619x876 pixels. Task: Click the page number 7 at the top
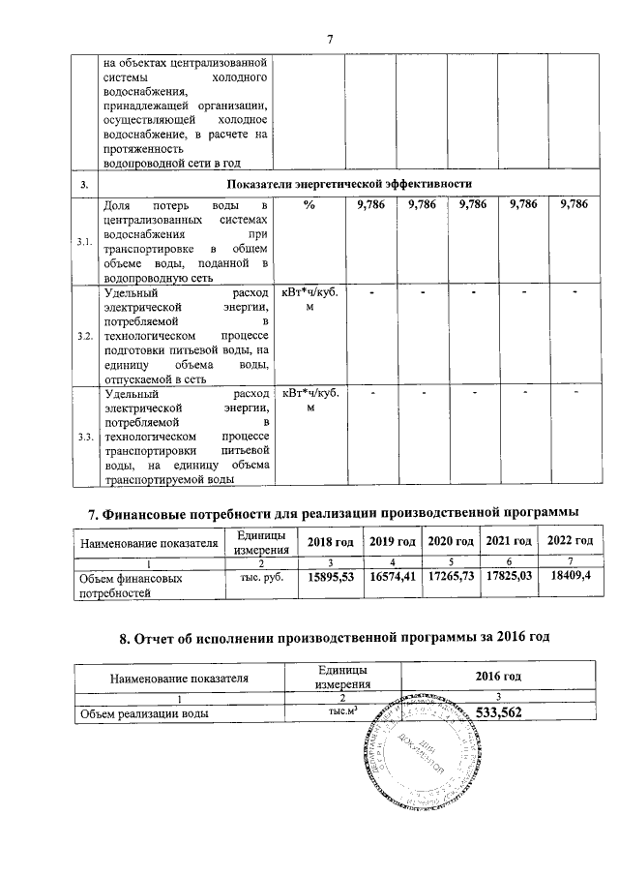tap(330, 39)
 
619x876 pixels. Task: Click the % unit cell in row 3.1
tap(309, 205)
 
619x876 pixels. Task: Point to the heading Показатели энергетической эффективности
tap(349, 183)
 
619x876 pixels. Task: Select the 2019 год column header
tap(392, 541)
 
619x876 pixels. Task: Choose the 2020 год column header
tap(450, 541)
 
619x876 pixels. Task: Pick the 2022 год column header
tap(570, 541)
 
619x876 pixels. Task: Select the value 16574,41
tap(392, 578)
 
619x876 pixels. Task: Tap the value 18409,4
tap(571, 577)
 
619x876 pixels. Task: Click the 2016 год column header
tap(498, 675)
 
